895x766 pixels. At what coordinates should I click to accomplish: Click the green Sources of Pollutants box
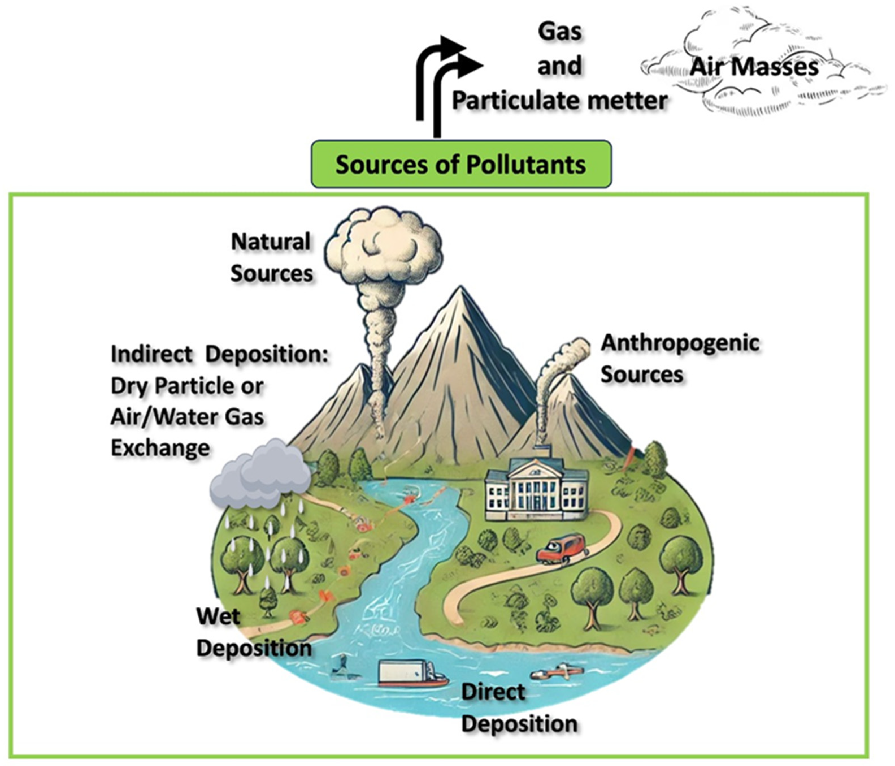click(461, 164)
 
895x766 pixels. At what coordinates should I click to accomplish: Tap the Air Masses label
click(754, 67)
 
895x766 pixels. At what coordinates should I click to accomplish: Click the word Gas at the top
click(560, 32)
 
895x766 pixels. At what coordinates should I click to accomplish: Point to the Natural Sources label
click(271, 257)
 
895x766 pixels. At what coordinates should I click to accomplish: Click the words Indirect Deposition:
click(220, 354)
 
